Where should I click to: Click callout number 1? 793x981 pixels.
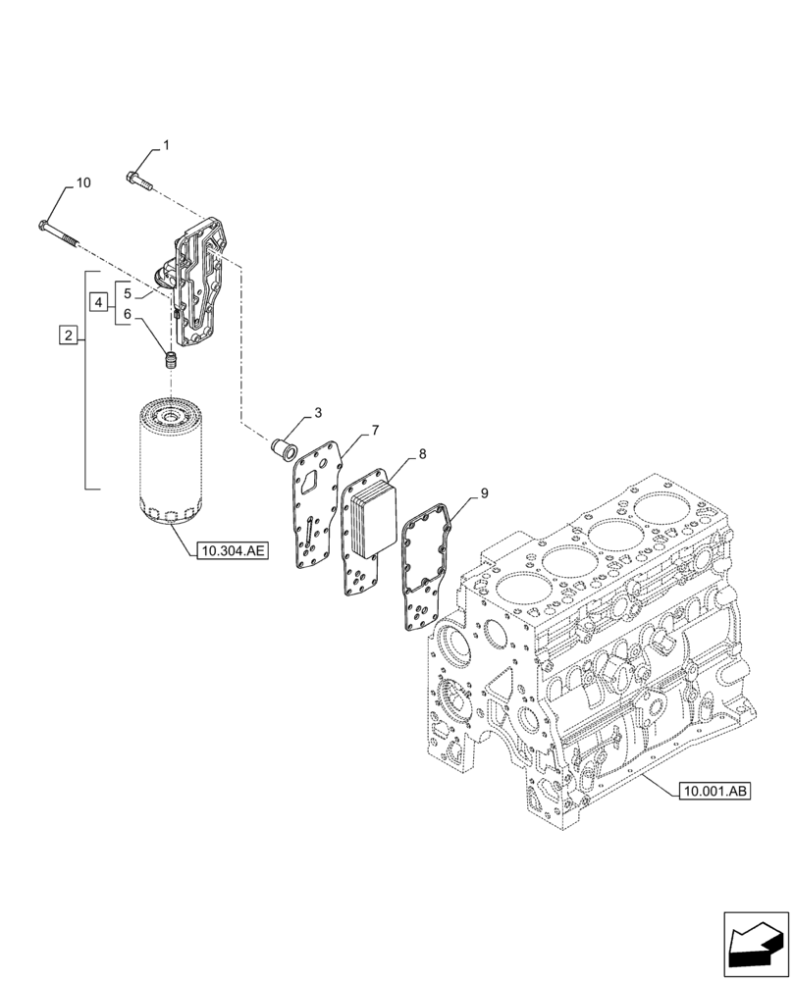click(x=165, y=145)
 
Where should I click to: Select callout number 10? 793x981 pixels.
click(x=82, y=183)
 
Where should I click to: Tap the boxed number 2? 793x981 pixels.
click(x=68, y=336)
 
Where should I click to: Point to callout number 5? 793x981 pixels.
click(x=128, y=291)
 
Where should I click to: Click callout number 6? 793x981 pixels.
click(x=128, y=315)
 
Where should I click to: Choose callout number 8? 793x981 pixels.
click(x=422, y=454)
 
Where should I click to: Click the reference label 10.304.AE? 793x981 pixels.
click(x=231, y=552)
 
